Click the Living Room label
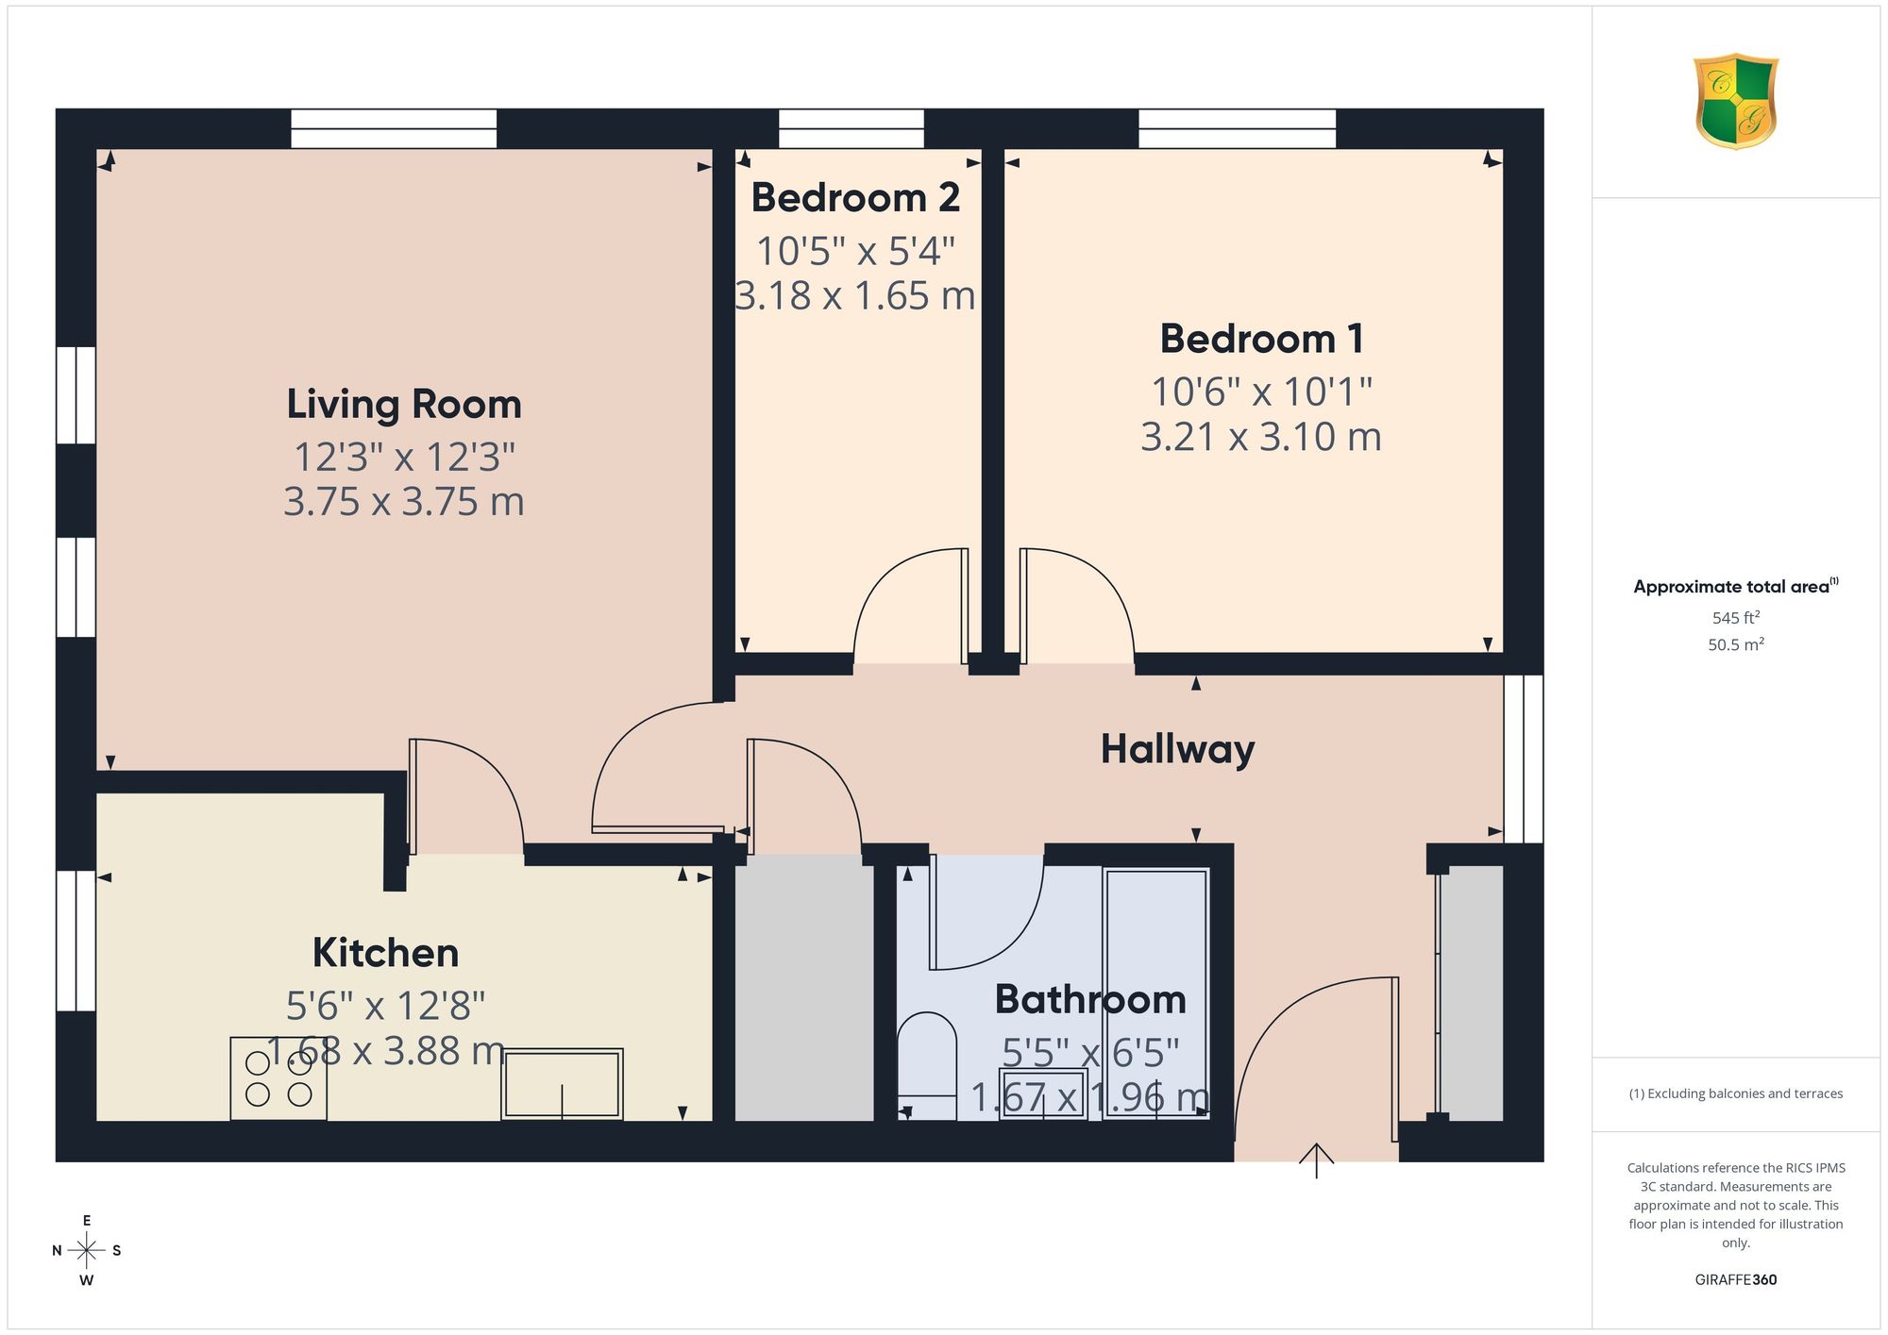404,405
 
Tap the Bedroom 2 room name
855,198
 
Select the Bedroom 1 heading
1261,339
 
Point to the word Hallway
1178,750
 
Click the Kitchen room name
385,953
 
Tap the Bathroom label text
1090,999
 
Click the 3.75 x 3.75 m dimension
404,501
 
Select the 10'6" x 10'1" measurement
1261,391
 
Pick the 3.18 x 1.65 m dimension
855,295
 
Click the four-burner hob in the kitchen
278,1079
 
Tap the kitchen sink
562,1084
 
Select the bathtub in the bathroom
1155,993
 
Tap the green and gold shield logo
1736,101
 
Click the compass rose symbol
87,1251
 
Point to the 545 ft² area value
1736,618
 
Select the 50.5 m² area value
1736,645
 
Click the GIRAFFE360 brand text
1736,1280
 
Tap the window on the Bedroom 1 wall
1237,128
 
